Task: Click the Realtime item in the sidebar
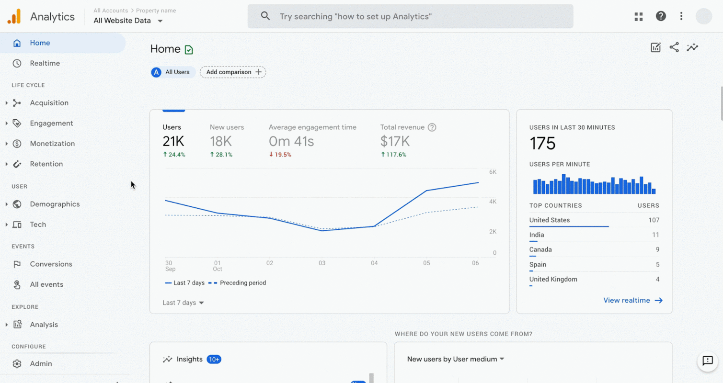pyautogui.click(x=45, y=63)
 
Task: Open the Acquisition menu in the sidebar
pyautogui.click(x=49, y=103)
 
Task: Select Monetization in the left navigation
pyautogui.click(x=52, y=144)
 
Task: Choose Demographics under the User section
pyautogui.click(x=55, y=204)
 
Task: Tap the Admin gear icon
pyautogui.click(x=17, y=364)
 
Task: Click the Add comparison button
pyautogui.click(x=233, y=72)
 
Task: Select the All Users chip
pyautogui.click(x=173, y=72)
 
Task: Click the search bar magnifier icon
pyautogui.click(x=265, y=16)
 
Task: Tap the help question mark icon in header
pyautogui.click(x=661, y=16)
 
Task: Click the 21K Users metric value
pyautogui.click(x=173, y=141)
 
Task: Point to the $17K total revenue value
pyautogui.click(x=395, y=141)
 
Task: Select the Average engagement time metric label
pyautogui.click(x=312, y=127)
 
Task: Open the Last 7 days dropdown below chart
pyautogui.click(x=183, y=303)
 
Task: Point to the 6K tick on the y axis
pyautogui.click(x=493, y=172)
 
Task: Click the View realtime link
pyautogui.click(x=632, y=300)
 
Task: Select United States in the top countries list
pyautogui.click(x=550, y=220)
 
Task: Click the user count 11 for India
pyautogui.click(x=655, y=235)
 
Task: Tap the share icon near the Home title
pyautogui.click(x=674, y=47)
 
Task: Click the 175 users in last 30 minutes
pyautogui.click(x=542, y=144)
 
